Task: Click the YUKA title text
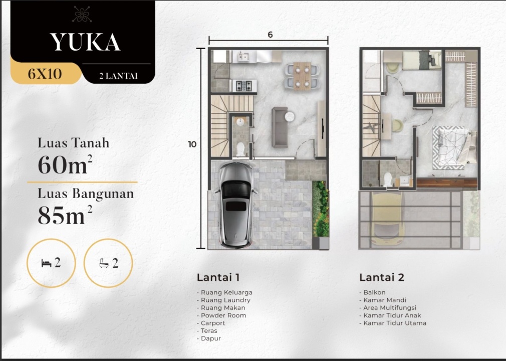(x=86, y=42)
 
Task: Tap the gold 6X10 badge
(x=45, y=73)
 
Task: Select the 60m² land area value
(x=65, y=164)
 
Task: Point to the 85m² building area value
(x=65, y=215)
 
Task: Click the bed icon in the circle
(x=47, y=264)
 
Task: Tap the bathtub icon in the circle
(x=104, y=263)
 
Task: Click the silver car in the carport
(x=236, y=206)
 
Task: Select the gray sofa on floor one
(x=280, y=127)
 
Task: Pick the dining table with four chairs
(x=302, y=76)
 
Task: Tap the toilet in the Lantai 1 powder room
(x=240, y=149)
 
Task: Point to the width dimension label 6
(x=270, y=35)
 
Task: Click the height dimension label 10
(x=192, y=144)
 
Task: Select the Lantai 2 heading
(x=382, y=277)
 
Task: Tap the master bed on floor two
(x=454, y=147)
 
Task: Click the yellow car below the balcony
(x=387, y=219)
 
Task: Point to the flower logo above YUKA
(x=82, y=15)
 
